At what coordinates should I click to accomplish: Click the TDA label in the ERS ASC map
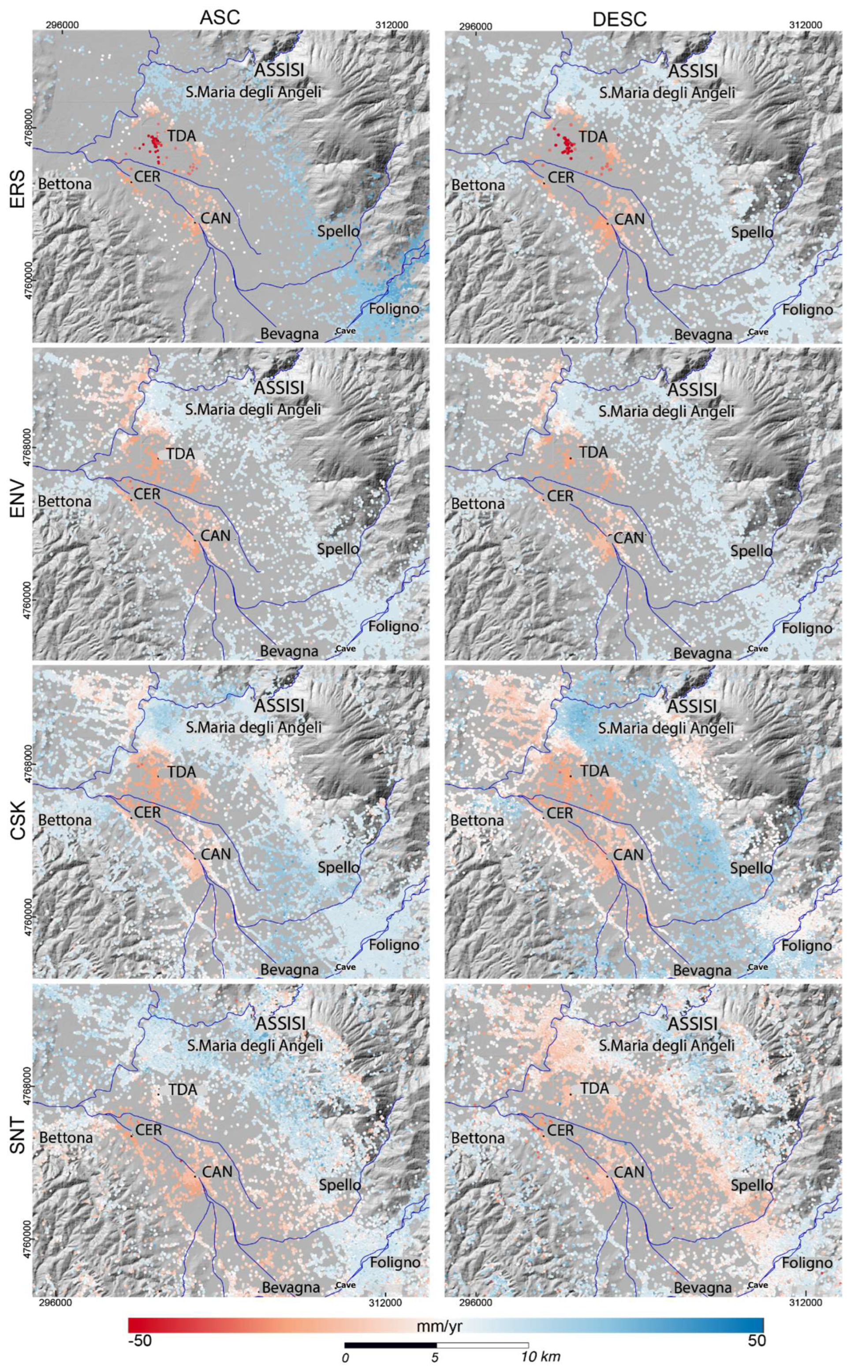(x=181, y=136)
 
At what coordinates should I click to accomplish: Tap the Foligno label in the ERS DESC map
(x=806, y=310)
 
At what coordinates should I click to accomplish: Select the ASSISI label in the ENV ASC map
(x=279, y=388)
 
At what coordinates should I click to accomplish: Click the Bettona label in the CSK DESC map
(x=477, y=820)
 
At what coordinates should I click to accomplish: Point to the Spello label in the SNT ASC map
(x=340, y=1185)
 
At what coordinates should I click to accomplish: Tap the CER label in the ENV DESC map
(x=560, y=496)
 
